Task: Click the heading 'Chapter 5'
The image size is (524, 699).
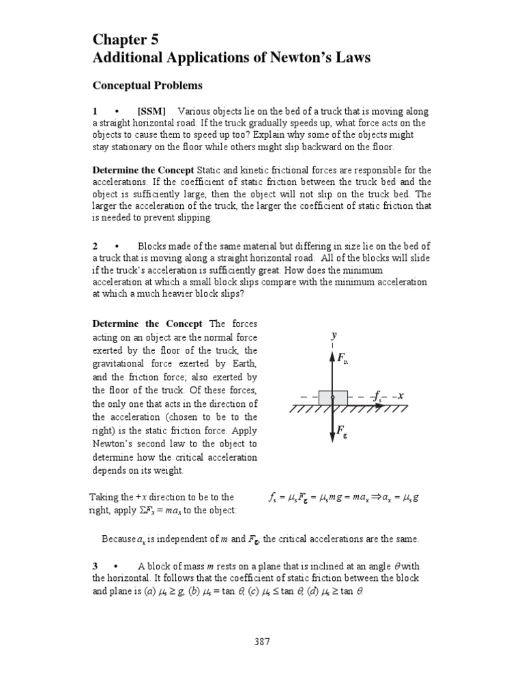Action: tap(128, 40)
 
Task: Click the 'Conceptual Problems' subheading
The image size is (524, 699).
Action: tap(147, 85)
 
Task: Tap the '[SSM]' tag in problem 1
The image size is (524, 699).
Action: tap(152, 111)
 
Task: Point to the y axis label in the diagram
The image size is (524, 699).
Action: tap(334, 336)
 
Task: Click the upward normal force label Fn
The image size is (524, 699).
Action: tap(343, 359)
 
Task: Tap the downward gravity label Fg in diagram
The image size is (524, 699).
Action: tap(343, 431)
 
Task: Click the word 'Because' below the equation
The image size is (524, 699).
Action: tap(117, 539)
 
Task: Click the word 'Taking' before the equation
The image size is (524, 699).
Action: tap(104, 497)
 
